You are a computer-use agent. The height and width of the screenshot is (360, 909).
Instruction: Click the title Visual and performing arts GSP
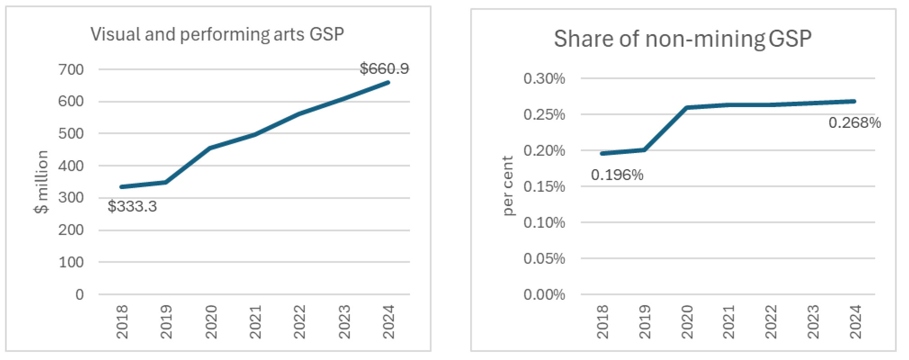coord(217,34)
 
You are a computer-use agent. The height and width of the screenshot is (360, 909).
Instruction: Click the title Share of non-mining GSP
coord(682,39)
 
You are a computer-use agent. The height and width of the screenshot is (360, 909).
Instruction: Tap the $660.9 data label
coord(384,69)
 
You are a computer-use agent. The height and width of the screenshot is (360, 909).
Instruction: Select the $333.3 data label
coord(132,207)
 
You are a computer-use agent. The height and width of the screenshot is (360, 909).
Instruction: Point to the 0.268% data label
coord(854,123)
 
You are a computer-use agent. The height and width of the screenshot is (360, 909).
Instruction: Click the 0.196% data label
coord(617,175)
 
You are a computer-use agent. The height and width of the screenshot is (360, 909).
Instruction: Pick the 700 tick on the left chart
coord(71,70)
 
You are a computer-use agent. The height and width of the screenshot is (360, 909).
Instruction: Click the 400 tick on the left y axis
coord(71,166)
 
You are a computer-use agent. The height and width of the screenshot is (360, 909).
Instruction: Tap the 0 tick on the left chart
coord(80,295)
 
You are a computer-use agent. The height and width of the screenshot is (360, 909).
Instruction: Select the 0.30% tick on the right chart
coord(544,79)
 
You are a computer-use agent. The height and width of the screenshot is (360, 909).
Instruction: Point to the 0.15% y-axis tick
coord(544,187)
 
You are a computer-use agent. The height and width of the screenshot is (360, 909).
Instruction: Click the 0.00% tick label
coord(544,295)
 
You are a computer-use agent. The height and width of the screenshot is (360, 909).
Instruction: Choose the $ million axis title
coord(41,182)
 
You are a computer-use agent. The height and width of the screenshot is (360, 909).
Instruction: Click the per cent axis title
coord(507,186)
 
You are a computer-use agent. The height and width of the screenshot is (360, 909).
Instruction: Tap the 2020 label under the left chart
coord(211,321)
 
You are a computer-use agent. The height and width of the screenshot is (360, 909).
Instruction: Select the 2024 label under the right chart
coord(855,321)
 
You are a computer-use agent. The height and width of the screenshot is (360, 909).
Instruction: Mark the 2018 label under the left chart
coord(122,321)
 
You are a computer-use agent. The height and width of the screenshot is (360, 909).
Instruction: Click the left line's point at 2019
coord(166,182)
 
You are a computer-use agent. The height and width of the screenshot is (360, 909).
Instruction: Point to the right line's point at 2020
coord(687,108)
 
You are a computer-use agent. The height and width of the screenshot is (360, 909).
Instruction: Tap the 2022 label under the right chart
coord(771,321)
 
